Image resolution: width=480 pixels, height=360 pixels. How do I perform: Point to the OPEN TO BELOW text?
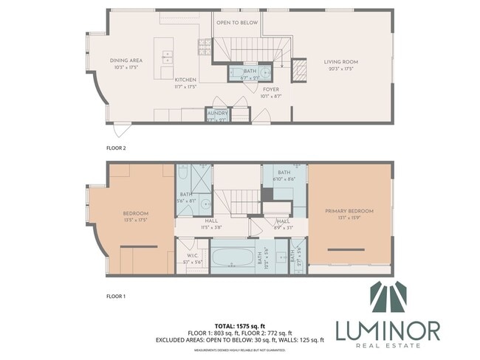(236, 23)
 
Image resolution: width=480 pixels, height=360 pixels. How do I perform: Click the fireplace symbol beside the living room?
(299, 70)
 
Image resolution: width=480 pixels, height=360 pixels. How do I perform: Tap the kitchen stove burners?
(202, 48)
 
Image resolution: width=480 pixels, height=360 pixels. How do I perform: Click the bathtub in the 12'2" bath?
(233, 260)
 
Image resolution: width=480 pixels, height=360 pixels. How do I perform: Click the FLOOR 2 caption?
(116, 148)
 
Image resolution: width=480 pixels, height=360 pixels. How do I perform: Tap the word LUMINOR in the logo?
(388, 330)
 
